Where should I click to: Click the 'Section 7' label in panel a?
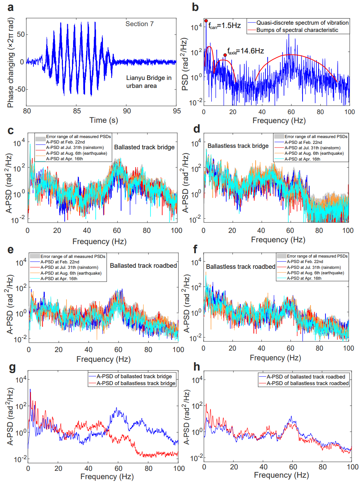tap(139, 24)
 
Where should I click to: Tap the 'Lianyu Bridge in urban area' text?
tap(148, 82)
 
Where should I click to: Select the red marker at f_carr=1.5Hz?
tap(206, 21)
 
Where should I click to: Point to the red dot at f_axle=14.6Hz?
tap(225, 55)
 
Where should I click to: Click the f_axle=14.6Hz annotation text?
tap(245, 51)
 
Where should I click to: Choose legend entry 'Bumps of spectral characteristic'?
tap(297, 30)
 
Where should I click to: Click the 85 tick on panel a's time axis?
tap(77, 111)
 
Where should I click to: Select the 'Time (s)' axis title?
tap(104, 120)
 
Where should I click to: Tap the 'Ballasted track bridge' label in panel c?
tap(144, 147)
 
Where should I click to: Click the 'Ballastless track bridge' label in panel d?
tap(238, 146)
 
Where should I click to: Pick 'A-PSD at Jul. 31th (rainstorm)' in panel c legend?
tap(75, 147)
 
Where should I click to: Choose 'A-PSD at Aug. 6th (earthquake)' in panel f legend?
tap(315, 273)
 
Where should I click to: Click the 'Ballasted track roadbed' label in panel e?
tap(143, 266)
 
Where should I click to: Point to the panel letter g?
tap(12, 368)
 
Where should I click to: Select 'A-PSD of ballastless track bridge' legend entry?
tap(136, 383)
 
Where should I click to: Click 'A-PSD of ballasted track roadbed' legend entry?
tap(305, 377)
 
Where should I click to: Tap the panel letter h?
tap(197, 367)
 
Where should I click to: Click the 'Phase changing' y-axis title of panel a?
tap(10, 64)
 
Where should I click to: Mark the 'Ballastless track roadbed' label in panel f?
tap(240, 267)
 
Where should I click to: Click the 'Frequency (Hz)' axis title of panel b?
tap(279, 121)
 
